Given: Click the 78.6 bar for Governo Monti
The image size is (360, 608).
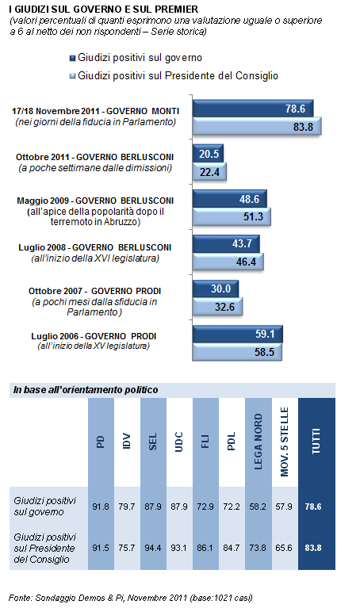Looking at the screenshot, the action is [253, 109].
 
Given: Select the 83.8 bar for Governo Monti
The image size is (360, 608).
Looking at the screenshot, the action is [257, 126].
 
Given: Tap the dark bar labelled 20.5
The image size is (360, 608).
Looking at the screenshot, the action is [208, 154].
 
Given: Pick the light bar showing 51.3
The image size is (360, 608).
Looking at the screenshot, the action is [232, 216].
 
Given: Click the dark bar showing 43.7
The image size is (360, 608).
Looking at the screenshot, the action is [226, 243].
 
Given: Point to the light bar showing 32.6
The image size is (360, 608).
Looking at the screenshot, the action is [217, 307].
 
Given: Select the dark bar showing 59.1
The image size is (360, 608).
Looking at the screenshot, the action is [238, 334].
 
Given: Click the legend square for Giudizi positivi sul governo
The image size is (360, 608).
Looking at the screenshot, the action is [72, 58].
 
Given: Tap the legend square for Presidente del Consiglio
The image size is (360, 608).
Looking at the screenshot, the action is [72, 76].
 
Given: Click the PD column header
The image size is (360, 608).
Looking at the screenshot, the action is [101, 442].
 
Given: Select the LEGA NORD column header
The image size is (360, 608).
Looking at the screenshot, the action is [258, 442].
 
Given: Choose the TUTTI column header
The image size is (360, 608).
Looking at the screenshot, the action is [316, 442].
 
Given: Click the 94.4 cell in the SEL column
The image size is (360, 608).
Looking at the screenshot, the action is [153, 548].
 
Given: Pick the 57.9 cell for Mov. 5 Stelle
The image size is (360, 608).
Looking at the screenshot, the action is [284, 507].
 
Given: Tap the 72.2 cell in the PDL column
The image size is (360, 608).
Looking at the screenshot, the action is [232, 507].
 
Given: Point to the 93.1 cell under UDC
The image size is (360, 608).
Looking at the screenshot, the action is [179, 548].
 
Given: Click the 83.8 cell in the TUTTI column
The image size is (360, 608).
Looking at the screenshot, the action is [313, 548].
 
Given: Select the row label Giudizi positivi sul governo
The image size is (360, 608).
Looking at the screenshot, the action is [45, 507].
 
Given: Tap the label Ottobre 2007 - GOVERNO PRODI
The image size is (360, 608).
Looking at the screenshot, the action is [94, 291].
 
